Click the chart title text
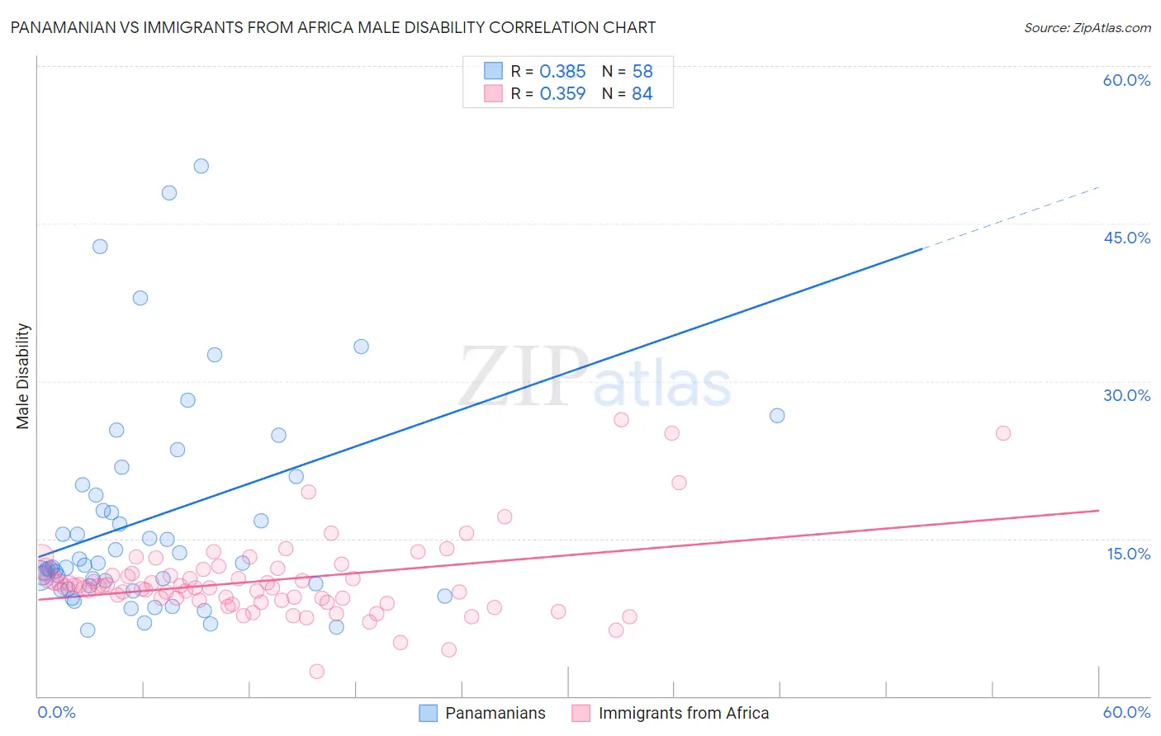coord(333,27)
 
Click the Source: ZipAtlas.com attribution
coord(1087,27)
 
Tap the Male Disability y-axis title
coord(23,376)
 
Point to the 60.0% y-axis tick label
coord(1126,80)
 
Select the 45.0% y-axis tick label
coord(1126,238)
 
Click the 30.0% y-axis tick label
coord(1126,395)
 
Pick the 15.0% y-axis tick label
coord(1128,554)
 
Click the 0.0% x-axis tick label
coord(56,712)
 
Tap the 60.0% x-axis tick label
coord(1126,712)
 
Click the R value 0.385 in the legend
coord(562,72)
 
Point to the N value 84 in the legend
coord(642,94)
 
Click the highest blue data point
coord(201,166)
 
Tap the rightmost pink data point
coord(1003,433)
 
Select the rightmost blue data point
coord(777,416)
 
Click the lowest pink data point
coord(316,672)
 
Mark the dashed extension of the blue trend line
coord(1012,218)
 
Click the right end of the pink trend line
coord(1097,511)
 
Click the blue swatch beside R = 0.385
coord(493,72)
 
